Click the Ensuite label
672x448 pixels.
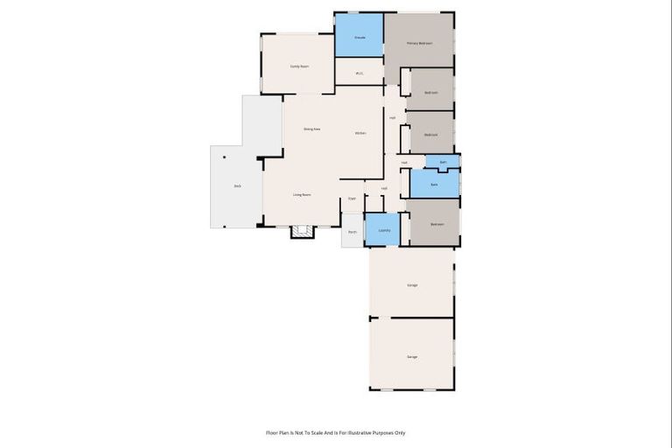[360, 38]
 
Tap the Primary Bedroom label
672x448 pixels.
[419, 43]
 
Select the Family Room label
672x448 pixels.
[299, 66]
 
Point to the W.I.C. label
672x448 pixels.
[360, 73]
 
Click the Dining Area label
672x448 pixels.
[311, 129]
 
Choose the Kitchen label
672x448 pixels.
[360, 133]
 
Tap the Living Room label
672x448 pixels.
[302, 194]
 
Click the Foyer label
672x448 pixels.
[352, 199]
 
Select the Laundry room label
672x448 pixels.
[383, 230]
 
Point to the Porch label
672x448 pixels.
[353, 232]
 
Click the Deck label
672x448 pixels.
[237, 186]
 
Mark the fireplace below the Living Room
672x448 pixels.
[303, 232]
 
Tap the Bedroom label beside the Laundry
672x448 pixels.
[437, 224]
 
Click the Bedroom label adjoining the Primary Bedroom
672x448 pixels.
[430, 93]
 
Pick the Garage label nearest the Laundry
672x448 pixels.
[412, 285]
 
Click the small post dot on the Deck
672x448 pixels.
[225, 157]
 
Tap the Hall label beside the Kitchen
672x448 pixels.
[392, 118]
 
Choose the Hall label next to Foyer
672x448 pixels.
[384, 189]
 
